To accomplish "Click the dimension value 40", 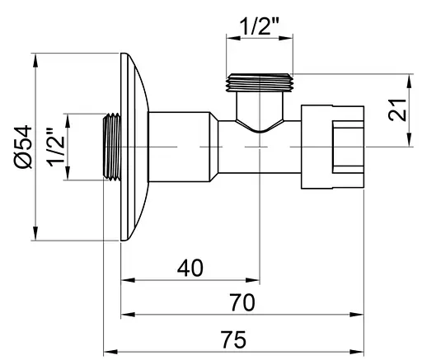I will [191, 269].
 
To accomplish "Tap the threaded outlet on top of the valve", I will [260, 82].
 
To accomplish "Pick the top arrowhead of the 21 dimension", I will [410, 78].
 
